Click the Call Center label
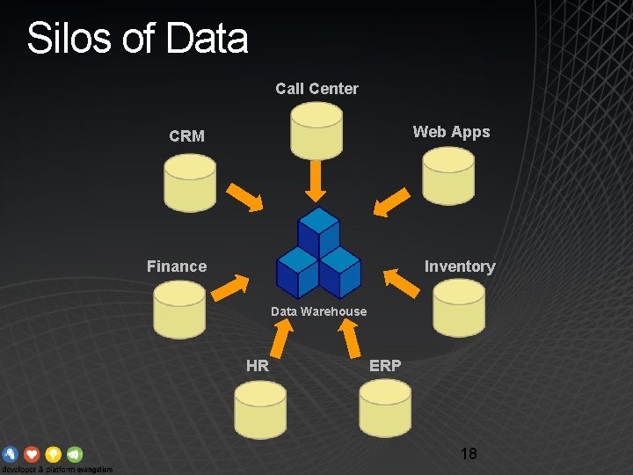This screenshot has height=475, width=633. pos(316,88)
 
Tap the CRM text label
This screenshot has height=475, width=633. pos(186,136)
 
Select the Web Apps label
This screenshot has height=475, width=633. pos(451,132)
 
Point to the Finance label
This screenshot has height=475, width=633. pos(177,267)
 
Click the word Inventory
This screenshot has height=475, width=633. pos(459,267)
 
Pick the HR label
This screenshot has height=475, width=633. pos(258,366)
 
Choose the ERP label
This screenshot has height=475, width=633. pos(385,365)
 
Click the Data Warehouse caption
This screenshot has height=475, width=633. pos(318,311)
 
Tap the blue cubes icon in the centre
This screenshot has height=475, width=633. pos(318,253)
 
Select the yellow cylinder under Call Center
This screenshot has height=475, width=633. pos(316,129)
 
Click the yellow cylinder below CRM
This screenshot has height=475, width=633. pos(190,182)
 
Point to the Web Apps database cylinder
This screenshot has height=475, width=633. pos(447,176)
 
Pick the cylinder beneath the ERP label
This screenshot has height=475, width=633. pos(385,408)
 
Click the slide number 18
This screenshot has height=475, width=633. pos(469,454)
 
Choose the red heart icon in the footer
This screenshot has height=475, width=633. pos(32,454)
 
